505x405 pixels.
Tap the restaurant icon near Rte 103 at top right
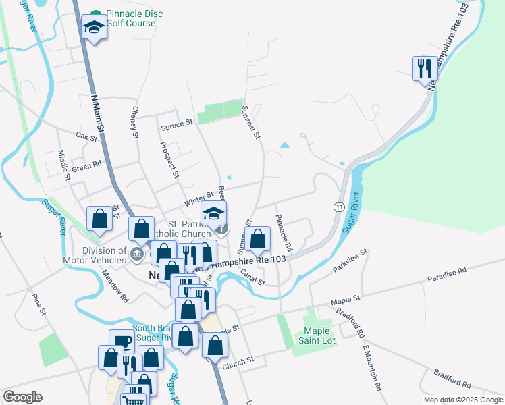(x=423, y=68)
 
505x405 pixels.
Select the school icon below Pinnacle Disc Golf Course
(x=95, y=28)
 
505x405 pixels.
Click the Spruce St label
(x=177, y=124)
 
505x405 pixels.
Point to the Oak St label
(x=87, y=137)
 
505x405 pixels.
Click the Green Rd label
(x=86, y=165)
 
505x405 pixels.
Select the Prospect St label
(x=169, y=159)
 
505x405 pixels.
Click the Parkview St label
(x=349, y=261)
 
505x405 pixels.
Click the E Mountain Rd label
(x=372, y=368)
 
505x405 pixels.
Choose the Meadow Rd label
(x=115, y=286)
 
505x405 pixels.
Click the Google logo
(x=22, y=397)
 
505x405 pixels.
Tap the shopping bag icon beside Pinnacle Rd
(x=257, y=238)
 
